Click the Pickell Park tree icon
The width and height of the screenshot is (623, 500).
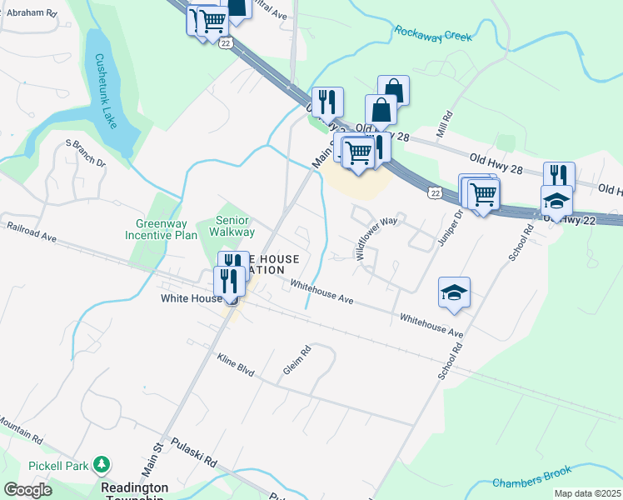pos(102,462)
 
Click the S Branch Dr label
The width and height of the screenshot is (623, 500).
pos(86,153)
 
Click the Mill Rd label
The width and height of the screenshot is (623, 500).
pos(444,125)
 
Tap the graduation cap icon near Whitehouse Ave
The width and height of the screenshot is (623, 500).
pos(454,293)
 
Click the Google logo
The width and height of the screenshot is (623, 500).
pos(27,490)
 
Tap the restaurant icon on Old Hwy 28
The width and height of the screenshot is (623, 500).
pos(559,176)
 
